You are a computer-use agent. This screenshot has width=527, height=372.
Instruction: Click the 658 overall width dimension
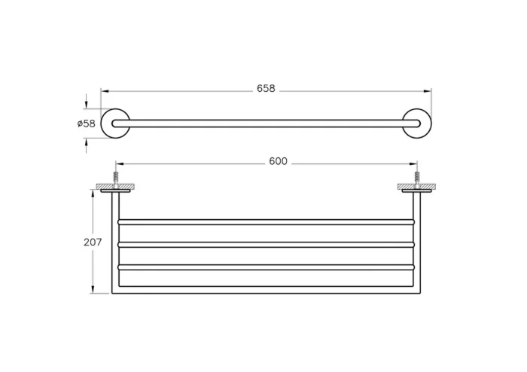[x=266, y=88]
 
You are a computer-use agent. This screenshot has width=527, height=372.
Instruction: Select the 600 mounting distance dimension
[x=279, y=161]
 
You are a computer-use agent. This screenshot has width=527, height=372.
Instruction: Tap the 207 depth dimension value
[x=93, y=242]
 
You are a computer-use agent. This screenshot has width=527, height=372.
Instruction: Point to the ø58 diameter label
[x=87, y=123]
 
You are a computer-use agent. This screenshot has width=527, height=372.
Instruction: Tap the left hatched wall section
[x=115, y=187]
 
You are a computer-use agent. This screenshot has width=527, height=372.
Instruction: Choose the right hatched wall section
[x=417, y=187]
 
